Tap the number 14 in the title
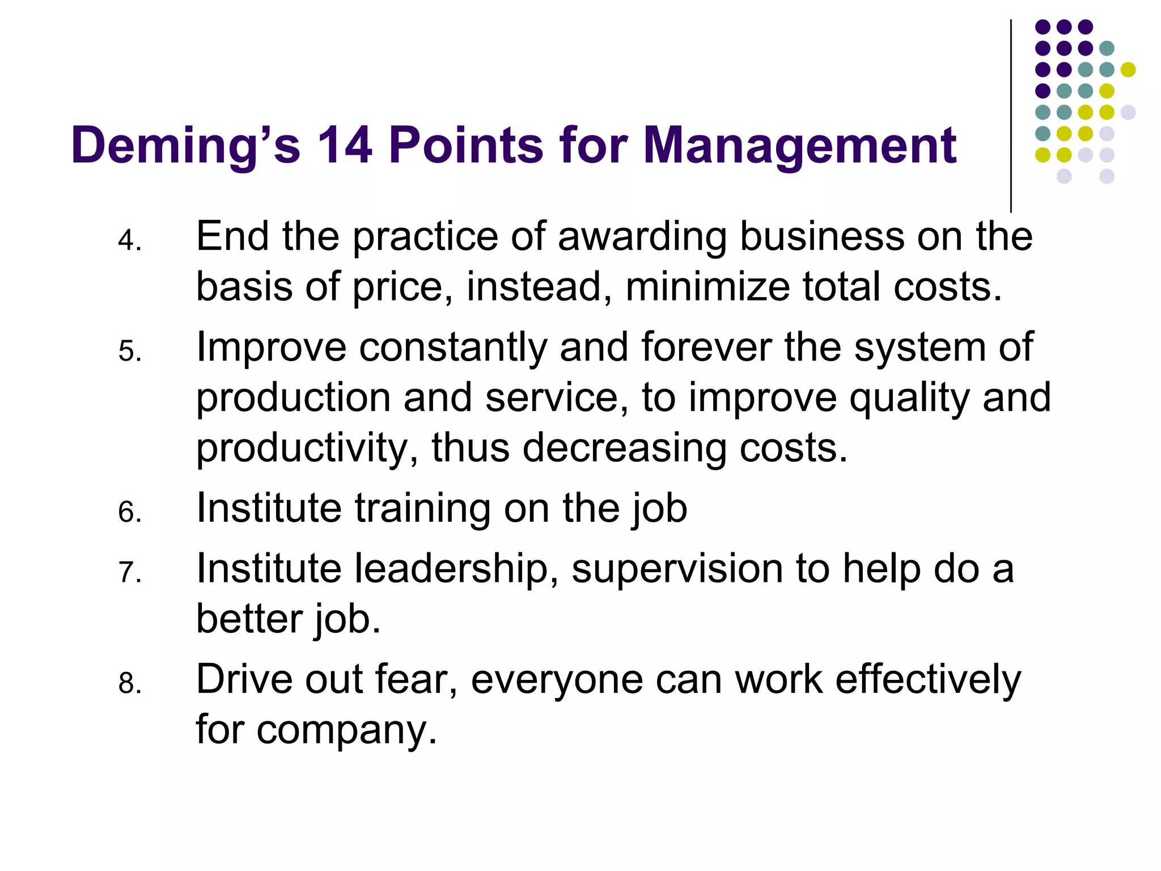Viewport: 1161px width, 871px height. (344, 146)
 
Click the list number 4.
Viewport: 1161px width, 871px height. (129, 240)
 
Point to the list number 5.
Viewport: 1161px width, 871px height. (129, 352)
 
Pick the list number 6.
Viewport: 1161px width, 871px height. (129, 512)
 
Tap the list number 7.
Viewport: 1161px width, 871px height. (129, 572)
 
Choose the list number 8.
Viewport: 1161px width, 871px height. (129, 683)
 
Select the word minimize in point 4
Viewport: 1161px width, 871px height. (707, 287)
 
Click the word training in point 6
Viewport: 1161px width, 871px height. (422, 509)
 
